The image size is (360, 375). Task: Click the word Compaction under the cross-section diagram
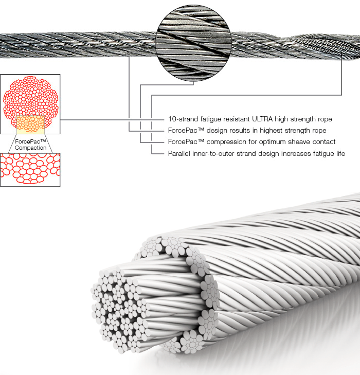[30, 148]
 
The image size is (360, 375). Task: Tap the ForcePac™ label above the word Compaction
[30, 141]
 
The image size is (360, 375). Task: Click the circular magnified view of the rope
[193, 43]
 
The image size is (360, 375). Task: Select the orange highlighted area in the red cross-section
[30, 124]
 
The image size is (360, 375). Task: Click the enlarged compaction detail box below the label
[30, 170]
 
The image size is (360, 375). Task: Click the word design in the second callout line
[214, 131]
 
